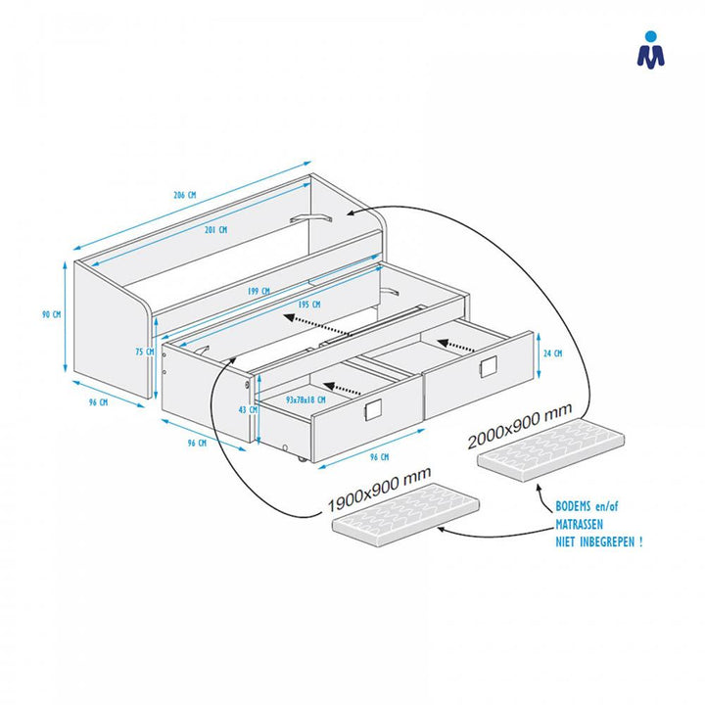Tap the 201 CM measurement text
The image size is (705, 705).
tap(216, 230)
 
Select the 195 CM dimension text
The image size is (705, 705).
tap(308, 305)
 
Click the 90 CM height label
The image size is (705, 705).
tap(51, 315)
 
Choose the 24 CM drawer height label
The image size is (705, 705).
tap(553, 353)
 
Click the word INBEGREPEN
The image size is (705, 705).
tap(606, 541)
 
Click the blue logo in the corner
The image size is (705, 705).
tap(650, 50)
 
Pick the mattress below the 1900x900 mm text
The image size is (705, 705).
tap(409, 515)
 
